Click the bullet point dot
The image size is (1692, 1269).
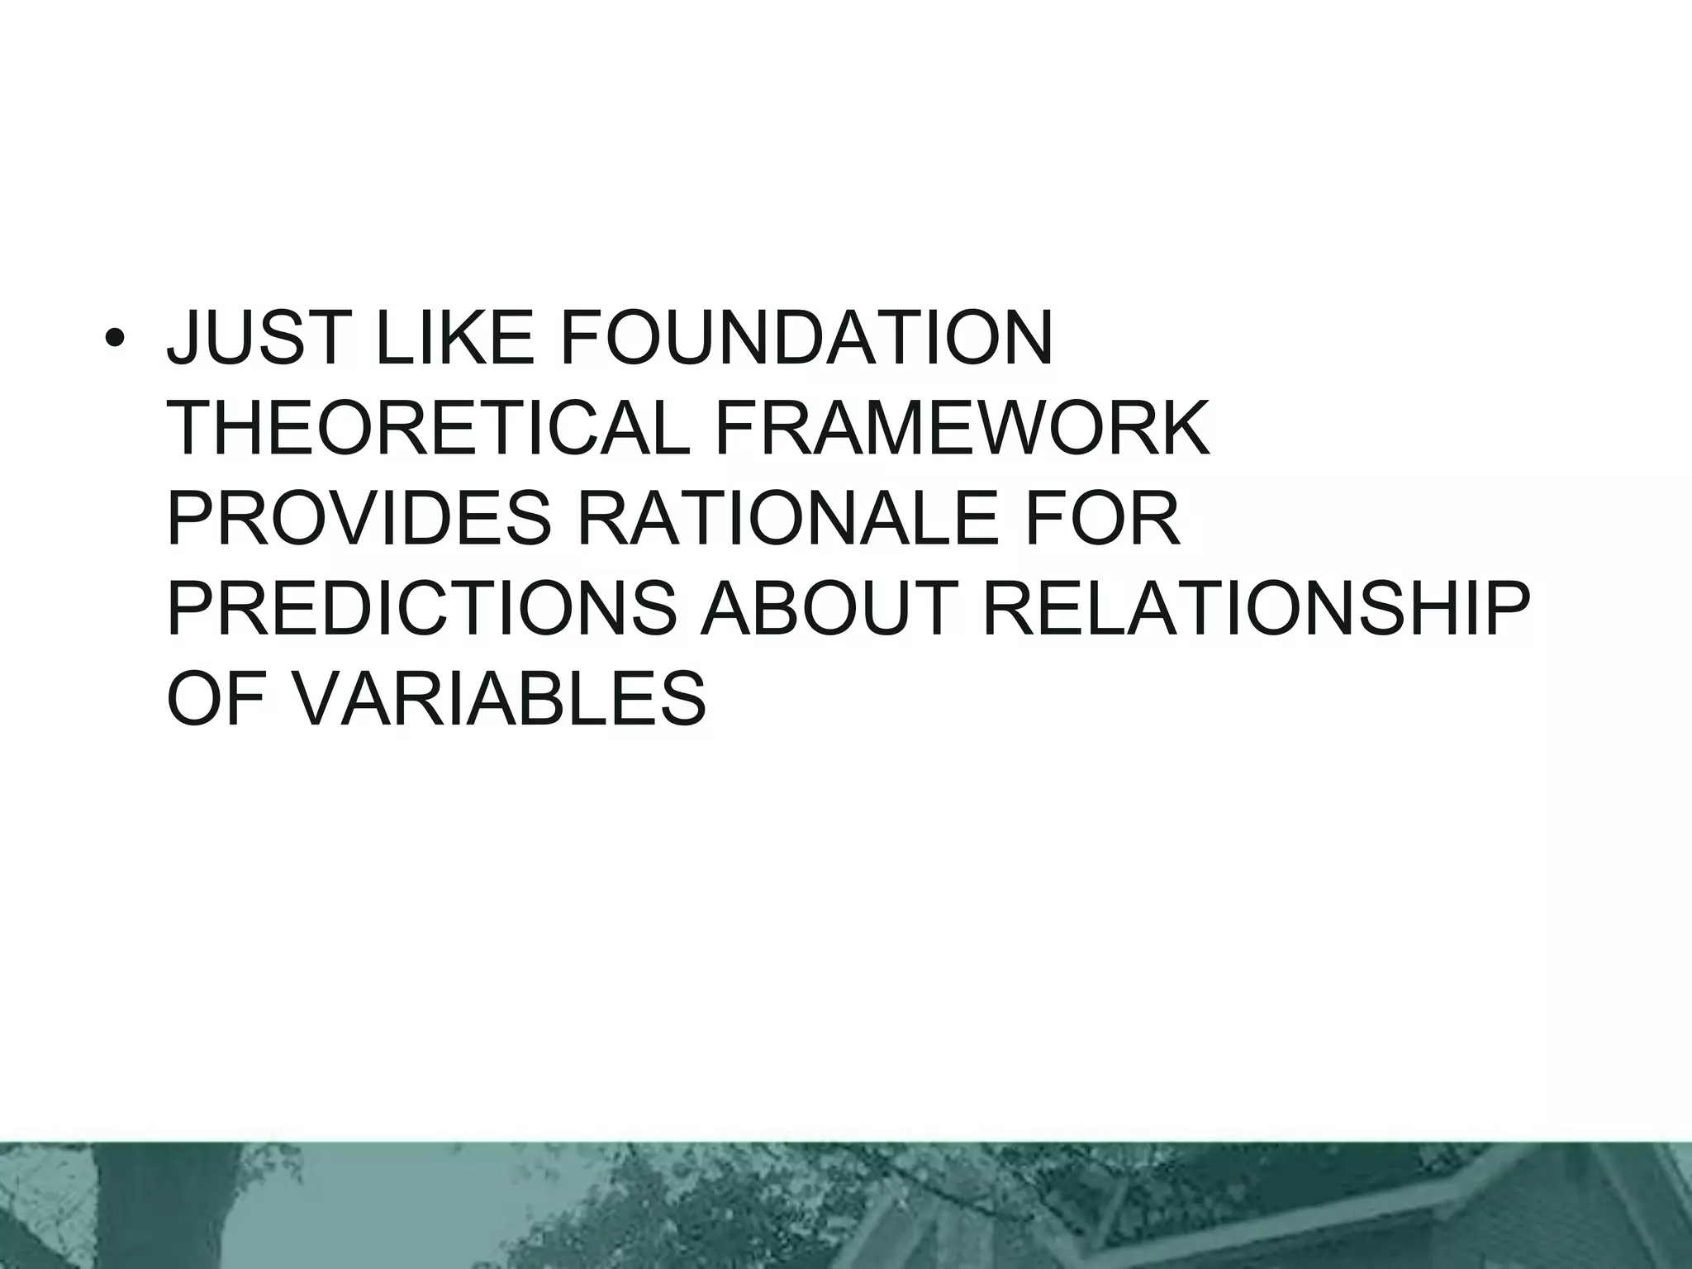115,340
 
